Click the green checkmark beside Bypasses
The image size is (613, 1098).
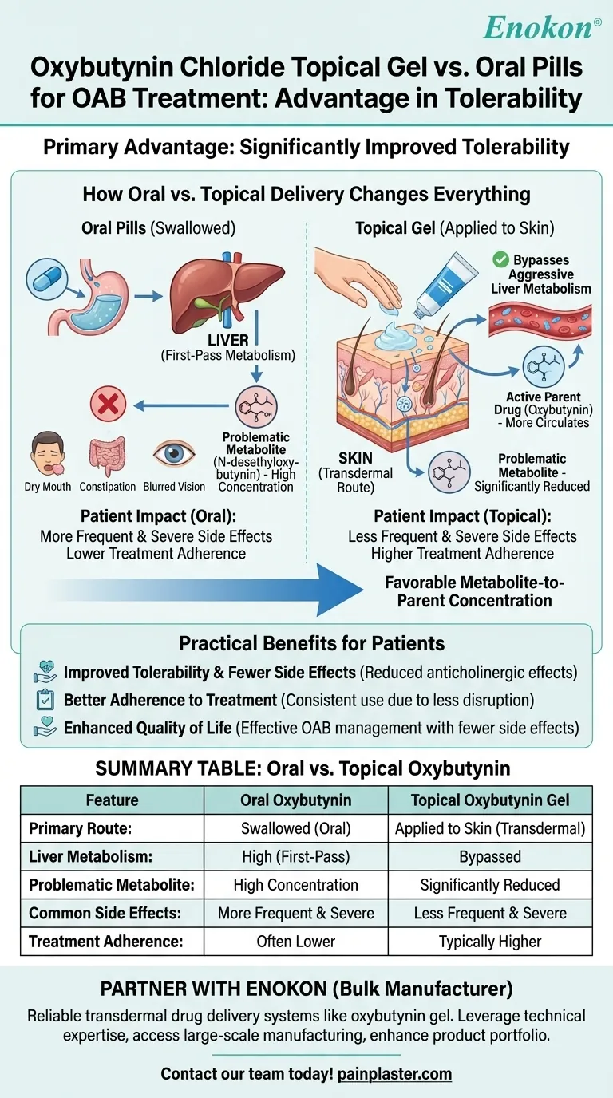pos(501,259)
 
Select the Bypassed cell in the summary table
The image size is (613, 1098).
pos(489,856)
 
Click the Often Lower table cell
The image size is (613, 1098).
pos(295,941)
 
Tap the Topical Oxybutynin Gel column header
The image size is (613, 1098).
pos(489,800)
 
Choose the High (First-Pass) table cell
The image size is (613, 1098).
pos(295,856)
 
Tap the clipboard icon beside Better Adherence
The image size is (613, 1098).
pos(45,701)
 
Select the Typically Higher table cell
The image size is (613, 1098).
pos(489,941)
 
